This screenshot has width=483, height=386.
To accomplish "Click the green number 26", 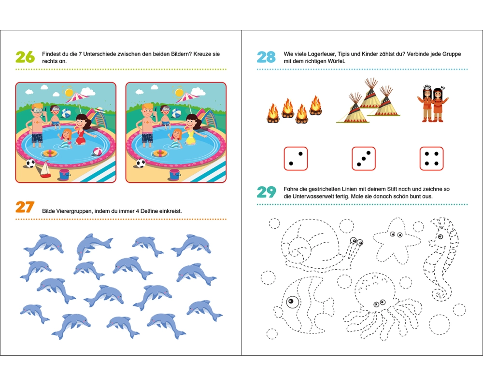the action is (25, 57).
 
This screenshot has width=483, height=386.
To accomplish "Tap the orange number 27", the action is (25, 207).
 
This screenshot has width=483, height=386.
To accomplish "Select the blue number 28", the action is (266, 57).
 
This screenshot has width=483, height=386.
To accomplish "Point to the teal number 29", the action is (267, 192).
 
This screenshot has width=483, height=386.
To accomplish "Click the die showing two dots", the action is (296, 159).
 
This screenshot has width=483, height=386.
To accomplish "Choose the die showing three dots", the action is (364, 159).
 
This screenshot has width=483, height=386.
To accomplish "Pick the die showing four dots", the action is (431, 159).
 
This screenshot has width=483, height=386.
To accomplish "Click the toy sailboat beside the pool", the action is (45, 169).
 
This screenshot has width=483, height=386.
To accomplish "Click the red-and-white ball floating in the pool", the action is (98, 152).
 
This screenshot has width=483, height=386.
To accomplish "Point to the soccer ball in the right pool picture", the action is (141, 163).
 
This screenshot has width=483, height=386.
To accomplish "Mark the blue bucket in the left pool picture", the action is (65, 174).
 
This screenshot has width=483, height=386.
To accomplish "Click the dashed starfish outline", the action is (396, 240).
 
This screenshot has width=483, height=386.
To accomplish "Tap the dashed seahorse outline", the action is (440, 259).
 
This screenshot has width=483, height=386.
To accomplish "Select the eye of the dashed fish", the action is (292, 302).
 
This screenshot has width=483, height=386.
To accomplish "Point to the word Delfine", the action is (149, 211).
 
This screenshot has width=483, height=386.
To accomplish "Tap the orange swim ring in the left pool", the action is (50, 153).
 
